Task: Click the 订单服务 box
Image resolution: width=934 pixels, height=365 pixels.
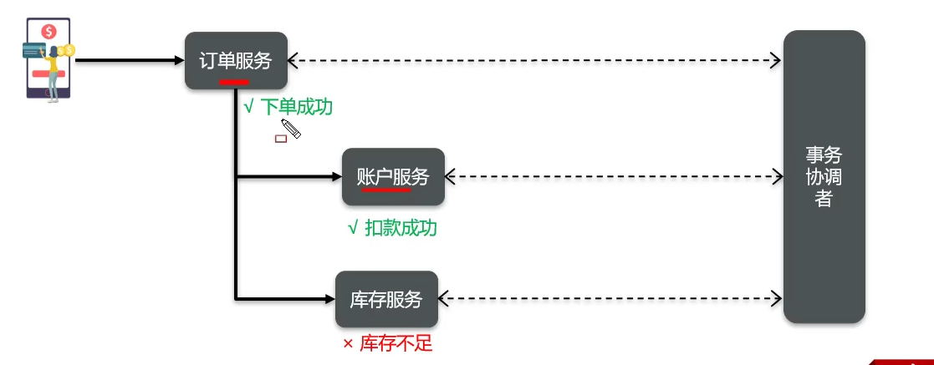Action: click(x=236, y=60)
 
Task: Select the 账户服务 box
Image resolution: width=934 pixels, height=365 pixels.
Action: click(x=393, y=176)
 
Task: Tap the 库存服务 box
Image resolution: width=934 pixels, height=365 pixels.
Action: click(x=386, y=299)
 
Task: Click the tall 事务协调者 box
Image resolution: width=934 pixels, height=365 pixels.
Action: click(x=824, y=176)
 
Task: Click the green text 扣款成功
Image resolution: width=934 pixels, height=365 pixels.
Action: click(x=401, y=227)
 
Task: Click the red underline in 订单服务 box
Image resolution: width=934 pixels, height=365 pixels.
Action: click(x=233, y=82)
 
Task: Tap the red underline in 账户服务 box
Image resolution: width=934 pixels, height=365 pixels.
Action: click(x=385, y=190)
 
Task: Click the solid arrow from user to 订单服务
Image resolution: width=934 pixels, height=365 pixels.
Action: click(x=130, y=60)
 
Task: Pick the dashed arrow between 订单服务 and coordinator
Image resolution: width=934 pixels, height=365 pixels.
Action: click(x=535, y=60)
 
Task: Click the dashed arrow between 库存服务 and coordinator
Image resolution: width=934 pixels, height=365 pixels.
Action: click(x=610, y=298)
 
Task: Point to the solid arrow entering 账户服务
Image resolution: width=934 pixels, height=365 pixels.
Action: click(x=288, y=177)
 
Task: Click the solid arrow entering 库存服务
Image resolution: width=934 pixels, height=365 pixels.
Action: click(x=284, y=298)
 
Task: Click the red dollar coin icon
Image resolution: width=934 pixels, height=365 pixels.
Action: click(x=49, y=32)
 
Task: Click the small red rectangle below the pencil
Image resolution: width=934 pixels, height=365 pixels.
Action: click(x=281, y=139)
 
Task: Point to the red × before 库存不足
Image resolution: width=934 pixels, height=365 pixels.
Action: click(x=348, y=344)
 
